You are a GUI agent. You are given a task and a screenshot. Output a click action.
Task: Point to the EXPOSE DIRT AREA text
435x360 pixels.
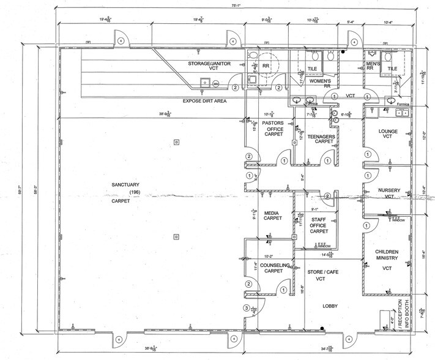[x=206, y=100]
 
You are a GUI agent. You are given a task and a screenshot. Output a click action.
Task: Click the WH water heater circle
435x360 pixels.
[x=216, y=83]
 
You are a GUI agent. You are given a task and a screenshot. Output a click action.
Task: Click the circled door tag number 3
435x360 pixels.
[x=247, y=308]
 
